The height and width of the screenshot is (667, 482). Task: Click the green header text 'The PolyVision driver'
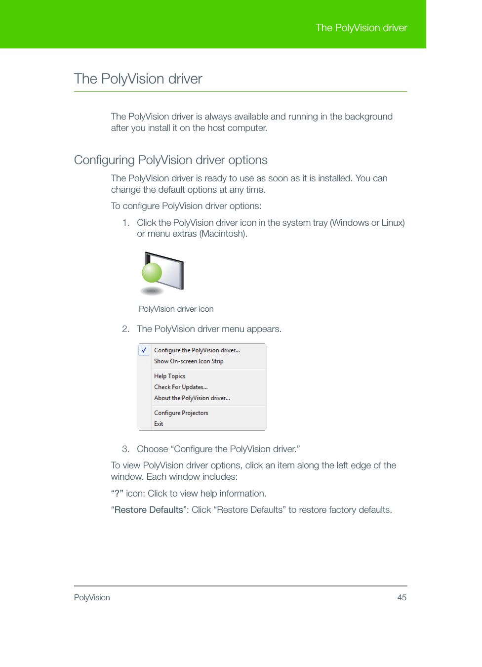pos(361,28)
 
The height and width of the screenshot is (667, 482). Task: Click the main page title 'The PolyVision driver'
pos(138,79)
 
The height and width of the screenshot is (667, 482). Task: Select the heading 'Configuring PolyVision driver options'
pos(170,160)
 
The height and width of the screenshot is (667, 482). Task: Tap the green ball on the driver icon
pos(152,272)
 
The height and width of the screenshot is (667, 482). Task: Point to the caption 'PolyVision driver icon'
pos(176,309)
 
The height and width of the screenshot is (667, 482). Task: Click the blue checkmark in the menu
pos(144,350)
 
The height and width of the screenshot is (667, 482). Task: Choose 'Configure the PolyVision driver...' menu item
pos(197,350)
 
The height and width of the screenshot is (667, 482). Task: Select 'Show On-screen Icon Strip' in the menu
pos(188,361)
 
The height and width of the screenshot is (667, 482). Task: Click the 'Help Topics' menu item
pos(169,376)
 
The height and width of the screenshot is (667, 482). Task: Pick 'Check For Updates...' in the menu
pos(180,387)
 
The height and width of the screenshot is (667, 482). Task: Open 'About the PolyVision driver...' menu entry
pos(192,398)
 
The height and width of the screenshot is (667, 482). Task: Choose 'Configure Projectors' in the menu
pos(181,413)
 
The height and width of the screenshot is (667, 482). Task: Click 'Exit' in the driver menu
pos(159,424)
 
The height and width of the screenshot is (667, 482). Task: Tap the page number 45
pos(402,598)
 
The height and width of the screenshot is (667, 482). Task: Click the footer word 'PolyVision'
pos(92,598)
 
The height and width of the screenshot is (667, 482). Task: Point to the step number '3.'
pos(125,449)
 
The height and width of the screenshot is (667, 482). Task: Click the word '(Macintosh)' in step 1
pos(223,234)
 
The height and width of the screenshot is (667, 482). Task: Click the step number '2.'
pos(125,329)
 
